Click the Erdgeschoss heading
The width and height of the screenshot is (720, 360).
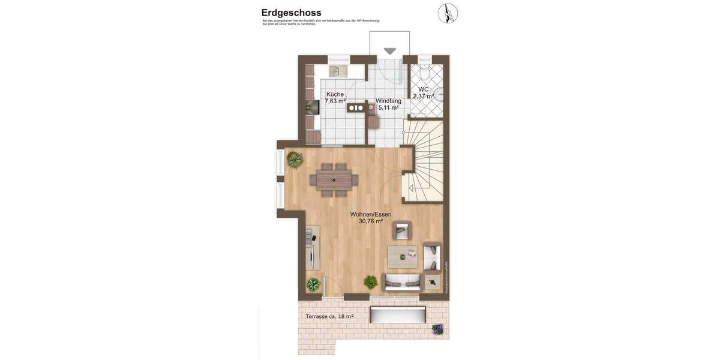[x=291, y=13]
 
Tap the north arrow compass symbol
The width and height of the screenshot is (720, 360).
[x=448, y=13]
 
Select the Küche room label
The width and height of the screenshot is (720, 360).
[x=335, y=94]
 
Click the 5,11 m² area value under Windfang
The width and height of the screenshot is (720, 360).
[x=388, y=108]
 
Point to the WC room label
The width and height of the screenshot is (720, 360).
[x=424, y=89]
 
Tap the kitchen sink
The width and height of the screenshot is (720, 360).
[x=338, y=71]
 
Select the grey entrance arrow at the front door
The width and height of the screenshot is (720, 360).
[x=390, y=52]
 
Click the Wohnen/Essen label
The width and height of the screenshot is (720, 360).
[x=371, y=214]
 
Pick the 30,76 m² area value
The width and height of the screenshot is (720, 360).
[x=371, y=221]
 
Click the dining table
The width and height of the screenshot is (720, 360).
[x=334, y=179]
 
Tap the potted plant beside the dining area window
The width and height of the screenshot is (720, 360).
[x=295, y=160]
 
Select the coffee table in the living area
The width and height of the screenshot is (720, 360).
[x=403, y=257]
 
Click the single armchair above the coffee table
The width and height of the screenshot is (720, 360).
[x=402, y=230]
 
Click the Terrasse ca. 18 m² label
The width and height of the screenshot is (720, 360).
[x=329, y=316]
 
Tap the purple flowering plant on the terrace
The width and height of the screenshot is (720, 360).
[x=438, y=329]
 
